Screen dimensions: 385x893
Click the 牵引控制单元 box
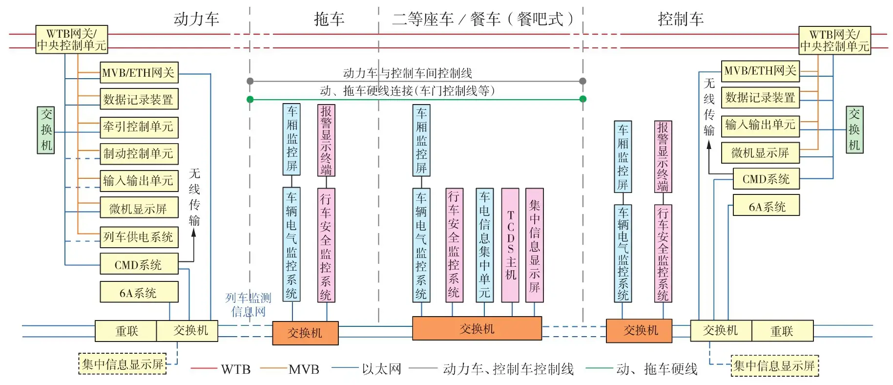(139, 127)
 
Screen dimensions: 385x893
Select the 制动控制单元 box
(139, 154)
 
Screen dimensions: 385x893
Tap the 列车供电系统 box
(139, 237)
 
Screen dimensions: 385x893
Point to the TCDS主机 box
(510, 245)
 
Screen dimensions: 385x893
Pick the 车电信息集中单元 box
(484, 245)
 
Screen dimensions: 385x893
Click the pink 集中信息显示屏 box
(534, 245)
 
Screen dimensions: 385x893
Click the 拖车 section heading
(329, 19)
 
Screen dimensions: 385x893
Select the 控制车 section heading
(681, 19)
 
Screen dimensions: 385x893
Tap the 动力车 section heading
(196, 19)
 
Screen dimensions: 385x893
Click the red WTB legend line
(204, 368)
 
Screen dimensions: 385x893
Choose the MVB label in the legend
(304, 369)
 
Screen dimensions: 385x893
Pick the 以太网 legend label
(381, 369)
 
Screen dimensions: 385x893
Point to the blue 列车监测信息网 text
(248, 304)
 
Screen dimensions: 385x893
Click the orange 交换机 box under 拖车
(305, 333)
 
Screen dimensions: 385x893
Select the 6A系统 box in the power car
(139, 293)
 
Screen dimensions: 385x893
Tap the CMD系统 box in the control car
(766, 179)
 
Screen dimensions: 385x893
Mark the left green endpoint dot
(250, 99)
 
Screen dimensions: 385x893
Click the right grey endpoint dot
(582, 81)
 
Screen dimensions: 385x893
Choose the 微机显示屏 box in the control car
(760, 153)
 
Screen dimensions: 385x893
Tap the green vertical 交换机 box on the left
(46, 130)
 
